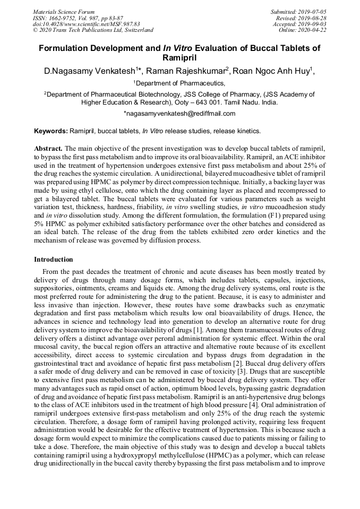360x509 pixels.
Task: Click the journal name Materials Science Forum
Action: tap(64, 12)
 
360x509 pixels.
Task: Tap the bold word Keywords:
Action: tap(51, 131)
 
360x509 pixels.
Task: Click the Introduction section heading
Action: tap(54, 260)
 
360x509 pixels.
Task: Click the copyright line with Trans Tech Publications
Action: tap(93, 30)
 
